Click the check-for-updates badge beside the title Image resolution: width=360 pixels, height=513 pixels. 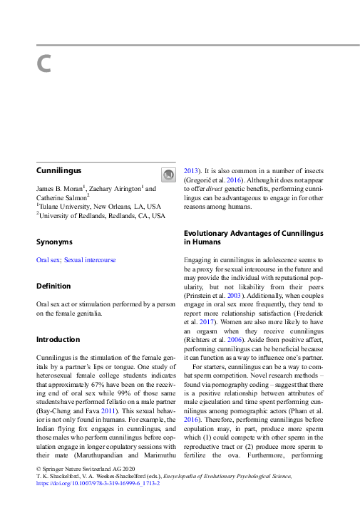[x=168, y=175]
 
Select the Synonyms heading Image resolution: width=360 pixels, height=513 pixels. [x=54, y=242]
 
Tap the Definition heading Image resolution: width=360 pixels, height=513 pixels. [x=53, y=286]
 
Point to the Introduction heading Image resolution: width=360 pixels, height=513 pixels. [x=58, y=339]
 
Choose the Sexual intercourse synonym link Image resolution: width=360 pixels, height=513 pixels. [x=90, y=260]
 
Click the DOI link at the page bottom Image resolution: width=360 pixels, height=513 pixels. [x=97, y=482]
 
